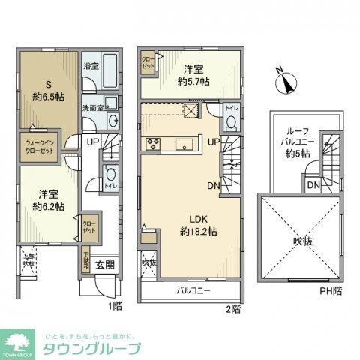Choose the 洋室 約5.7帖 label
[x=193, y=73]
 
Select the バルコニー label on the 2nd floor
[x=193, y=289]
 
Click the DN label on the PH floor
[x=314, y=184]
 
